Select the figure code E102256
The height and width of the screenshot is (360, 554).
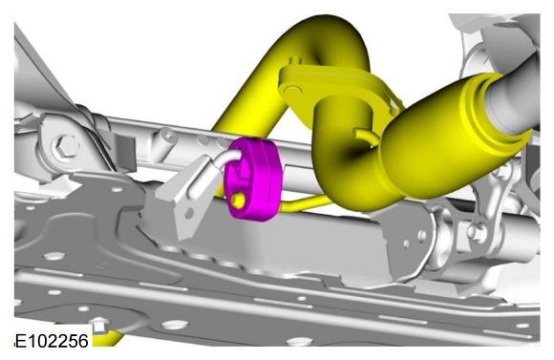(x=52, y=341)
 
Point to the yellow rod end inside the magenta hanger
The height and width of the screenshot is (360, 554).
(x=238, y=201)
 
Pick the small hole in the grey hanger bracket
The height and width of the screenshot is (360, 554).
(x=190, y=213)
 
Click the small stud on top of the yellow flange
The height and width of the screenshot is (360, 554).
(x=296, y=61)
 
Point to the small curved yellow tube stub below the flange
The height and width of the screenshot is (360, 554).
(x=364, y=136)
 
